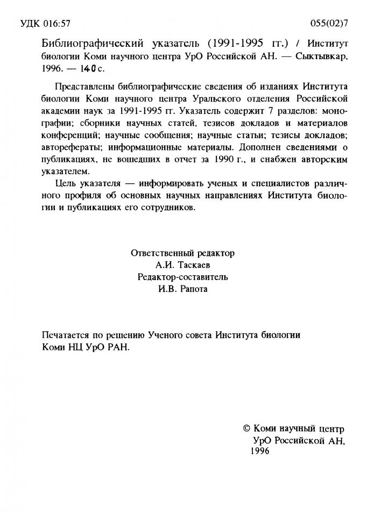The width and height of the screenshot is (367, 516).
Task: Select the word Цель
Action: pyautogui.click(x=65, y=184)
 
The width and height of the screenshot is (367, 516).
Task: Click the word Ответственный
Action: pyautogui.click(x=158, y=253)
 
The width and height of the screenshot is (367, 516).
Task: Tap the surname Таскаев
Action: pyautogui.click(x=195, y=265)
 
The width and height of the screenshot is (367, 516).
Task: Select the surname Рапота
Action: pyautogui.click(x=192, y=290)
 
